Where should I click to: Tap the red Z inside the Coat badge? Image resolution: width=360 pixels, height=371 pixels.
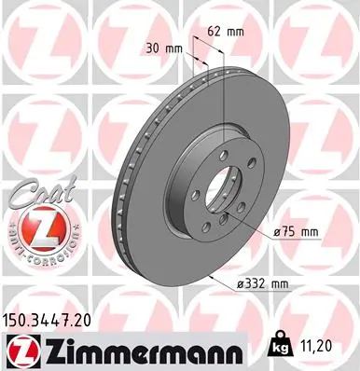35,225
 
